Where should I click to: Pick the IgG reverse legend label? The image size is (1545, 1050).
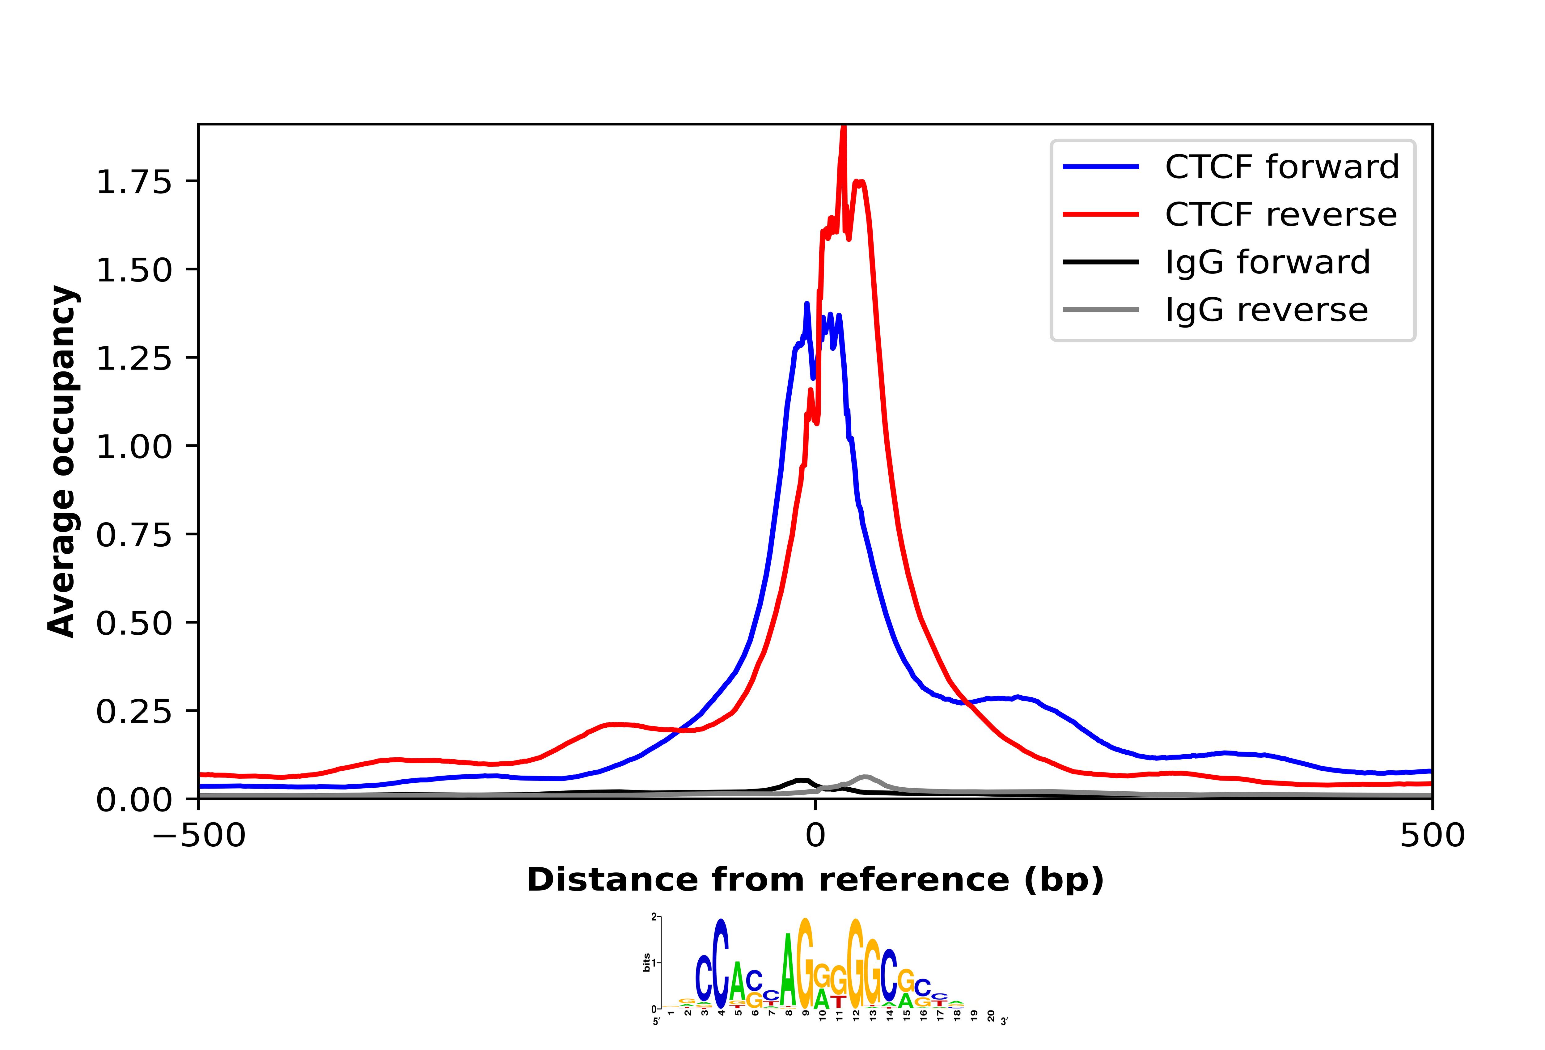[1266, 310]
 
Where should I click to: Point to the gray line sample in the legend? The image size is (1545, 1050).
[1101, 310]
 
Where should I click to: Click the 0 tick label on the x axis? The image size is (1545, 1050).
[815, 835]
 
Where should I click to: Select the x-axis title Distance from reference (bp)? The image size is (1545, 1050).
[815, 880]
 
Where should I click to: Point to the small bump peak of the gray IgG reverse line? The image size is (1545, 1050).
[865, 777]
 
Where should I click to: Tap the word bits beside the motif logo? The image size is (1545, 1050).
[647, 962]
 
